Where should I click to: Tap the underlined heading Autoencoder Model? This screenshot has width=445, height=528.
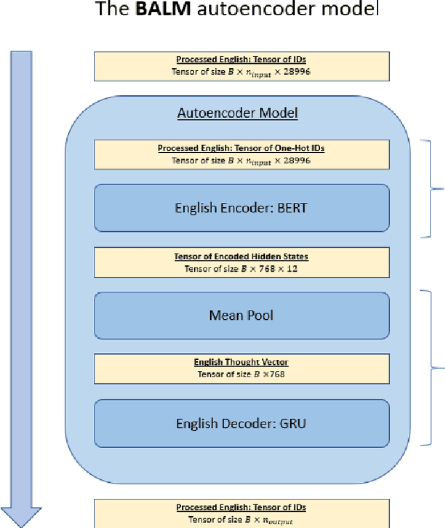click(238, 113)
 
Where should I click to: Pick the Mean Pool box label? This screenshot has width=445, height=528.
click(241, 315)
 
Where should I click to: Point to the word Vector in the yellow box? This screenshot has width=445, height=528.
click(274, 363)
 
